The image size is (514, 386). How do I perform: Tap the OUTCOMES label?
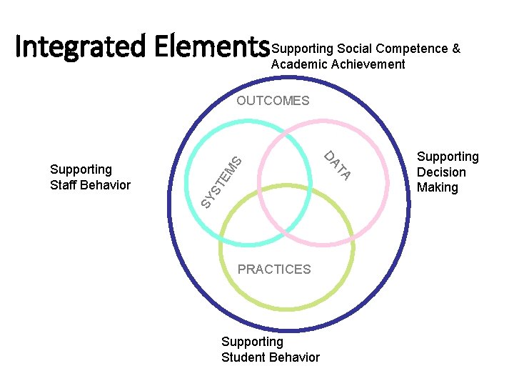tap(273, 101)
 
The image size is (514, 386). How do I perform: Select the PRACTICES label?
tap(274, 269)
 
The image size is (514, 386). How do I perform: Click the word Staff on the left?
tap(64, 185)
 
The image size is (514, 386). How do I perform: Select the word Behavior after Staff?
tap(106, 185)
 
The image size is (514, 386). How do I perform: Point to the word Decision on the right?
tap(441, 172)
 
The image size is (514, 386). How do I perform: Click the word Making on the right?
tap(438, 187)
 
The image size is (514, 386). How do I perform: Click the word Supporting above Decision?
tap(448, 157)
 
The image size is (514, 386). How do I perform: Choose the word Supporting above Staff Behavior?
tap(81, 169)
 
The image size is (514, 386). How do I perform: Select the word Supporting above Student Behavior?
tap(252, 342)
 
